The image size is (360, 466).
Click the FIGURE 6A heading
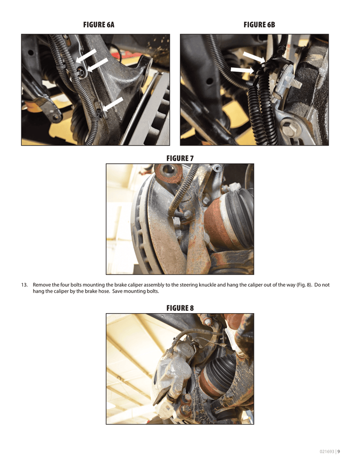tap(99, 25)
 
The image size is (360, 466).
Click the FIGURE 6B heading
tap(259, 25)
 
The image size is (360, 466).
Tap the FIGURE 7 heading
tap(180, 158)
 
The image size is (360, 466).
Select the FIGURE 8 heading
tap(180, 308)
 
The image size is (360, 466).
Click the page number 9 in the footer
tap(339, 451)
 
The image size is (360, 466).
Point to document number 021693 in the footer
tap(327, 451)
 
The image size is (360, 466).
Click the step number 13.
tap(24, 285)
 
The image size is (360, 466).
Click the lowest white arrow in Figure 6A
tap(112, 104)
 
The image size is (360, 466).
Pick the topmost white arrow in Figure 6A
tap(86, 56)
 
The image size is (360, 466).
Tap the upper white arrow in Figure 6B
tap(254, 57)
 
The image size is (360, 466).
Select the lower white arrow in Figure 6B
tap(242, 70)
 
